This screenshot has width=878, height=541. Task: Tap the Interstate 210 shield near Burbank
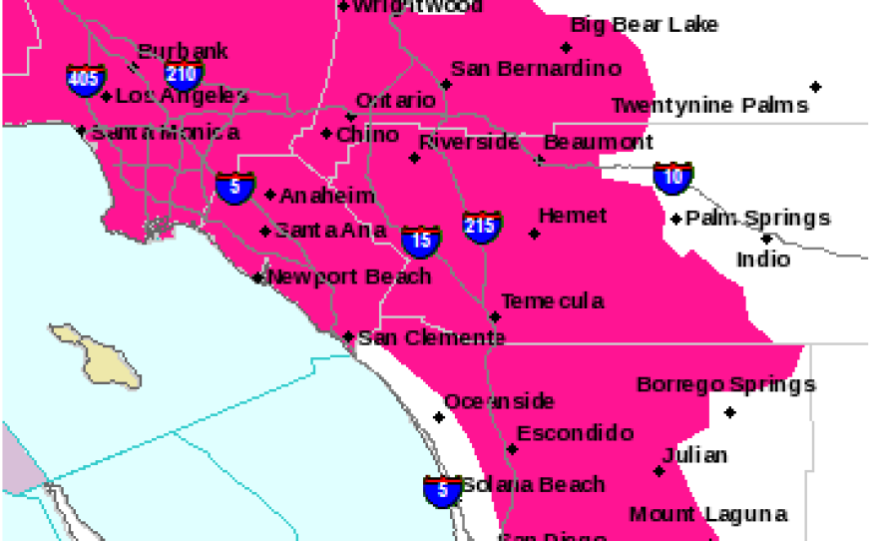[185, 74]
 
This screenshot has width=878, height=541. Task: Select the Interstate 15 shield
[421, 240]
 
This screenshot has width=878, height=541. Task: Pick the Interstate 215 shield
[482, 226]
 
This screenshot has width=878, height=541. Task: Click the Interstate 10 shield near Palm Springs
[673, 178]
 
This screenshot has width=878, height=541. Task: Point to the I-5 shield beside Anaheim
[235, 187]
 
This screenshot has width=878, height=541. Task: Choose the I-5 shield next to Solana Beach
[442, 490]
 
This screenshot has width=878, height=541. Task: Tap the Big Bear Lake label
[644, 25]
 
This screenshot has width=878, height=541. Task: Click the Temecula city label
[552, 300]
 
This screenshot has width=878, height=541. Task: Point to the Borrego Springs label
[726, 384]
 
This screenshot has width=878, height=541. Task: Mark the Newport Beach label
[349, 276]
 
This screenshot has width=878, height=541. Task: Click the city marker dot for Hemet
[535, 234]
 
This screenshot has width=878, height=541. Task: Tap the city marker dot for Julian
[659, 471]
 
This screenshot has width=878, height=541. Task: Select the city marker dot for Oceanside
[439, 417]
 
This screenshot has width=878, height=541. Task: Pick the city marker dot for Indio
[766, 239]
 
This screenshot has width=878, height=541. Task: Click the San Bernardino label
[536, 68]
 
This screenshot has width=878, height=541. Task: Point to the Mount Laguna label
[708, 514]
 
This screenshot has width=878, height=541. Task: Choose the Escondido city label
[575, 433]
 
